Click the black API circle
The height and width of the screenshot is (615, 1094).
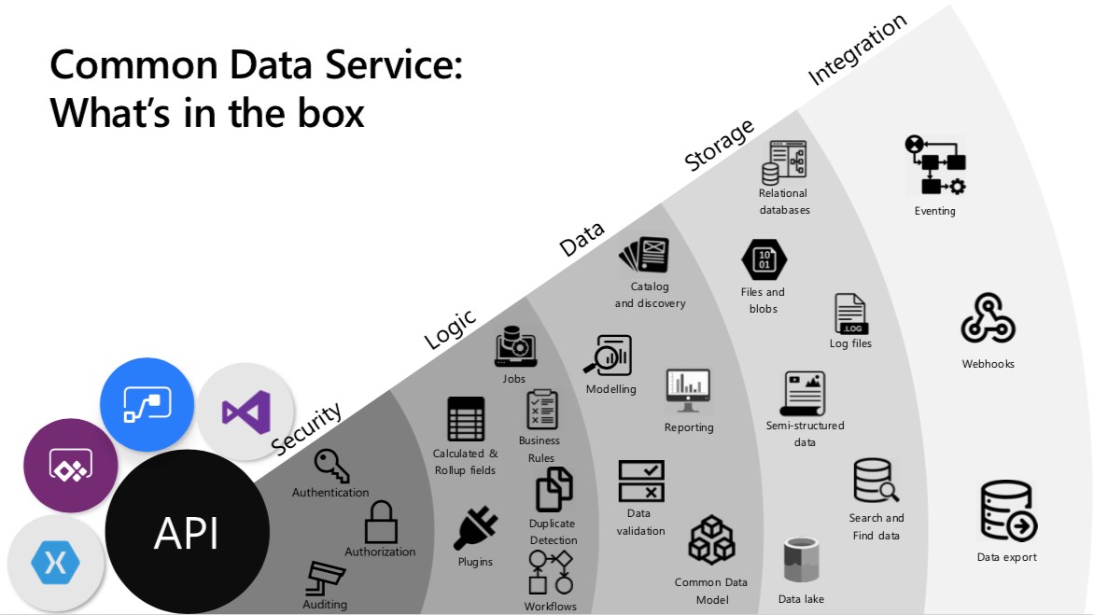click(187, 533)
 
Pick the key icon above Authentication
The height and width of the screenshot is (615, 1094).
click(331, 465)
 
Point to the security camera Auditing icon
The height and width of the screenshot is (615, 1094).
click(326, 579)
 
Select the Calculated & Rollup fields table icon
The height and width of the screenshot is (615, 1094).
click(466, 419)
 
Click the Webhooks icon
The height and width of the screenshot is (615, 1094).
click(988, 319)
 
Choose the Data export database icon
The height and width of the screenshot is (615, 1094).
click(1007, 511)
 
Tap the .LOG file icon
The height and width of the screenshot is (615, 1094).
click(850, 314)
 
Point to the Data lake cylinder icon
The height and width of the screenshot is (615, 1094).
click(801, 562)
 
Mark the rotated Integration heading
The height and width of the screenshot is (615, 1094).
click(857, 49)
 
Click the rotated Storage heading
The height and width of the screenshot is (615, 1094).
click(719, 147)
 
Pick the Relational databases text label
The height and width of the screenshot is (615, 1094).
click(784, 202)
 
